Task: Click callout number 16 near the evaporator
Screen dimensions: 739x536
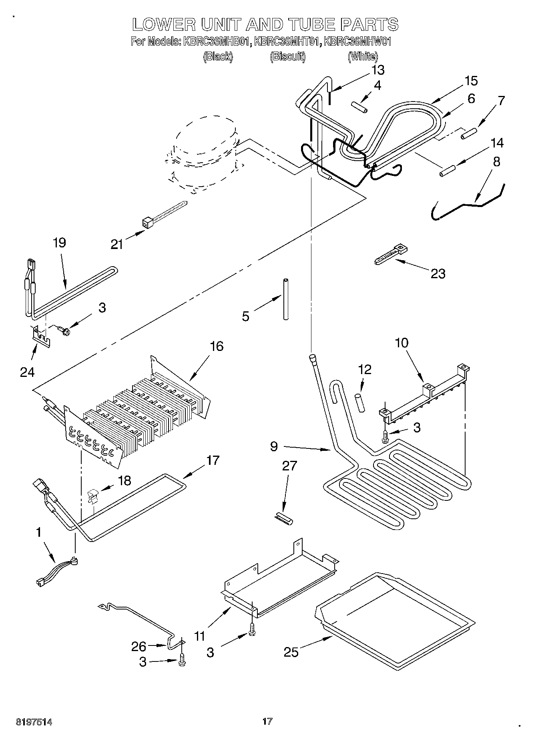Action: [x=217, y=346]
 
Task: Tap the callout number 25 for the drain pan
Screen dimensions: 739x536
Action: [x=291, y=652]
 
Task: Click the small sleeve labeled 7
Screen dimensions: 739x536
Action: [x=469, y=133]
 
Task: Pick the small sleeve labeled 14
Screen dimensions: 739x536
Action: [x=448, y=170]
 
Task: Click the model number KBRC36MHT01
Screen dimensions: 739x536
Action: [x=287, y=41]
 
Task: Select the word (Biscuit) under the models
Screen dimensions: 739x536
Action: [x=287, y=57]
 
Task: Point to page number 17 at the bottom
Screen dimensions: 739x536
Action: [x=267, y=721]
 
